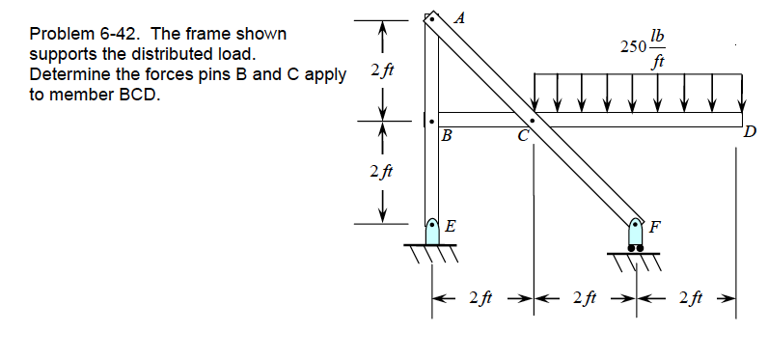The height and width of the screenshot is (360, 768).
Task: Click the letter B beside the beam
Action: pos(446,136)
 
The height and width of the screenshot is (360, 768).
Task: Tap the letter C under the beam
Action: pos(523,136)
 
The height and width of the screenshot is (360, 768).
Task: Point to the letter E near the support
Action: pos(450,227)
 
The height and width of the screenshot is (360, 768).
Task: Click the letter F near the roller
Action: pos(656,228)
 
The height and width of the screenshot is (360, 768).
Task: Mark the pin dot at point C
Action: pos(532,121)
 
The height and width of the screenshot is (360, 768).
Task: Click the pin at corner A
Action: pos(432,18)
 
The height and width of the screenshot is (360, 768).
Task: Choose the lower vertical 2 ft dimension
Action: pos(376,171)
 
